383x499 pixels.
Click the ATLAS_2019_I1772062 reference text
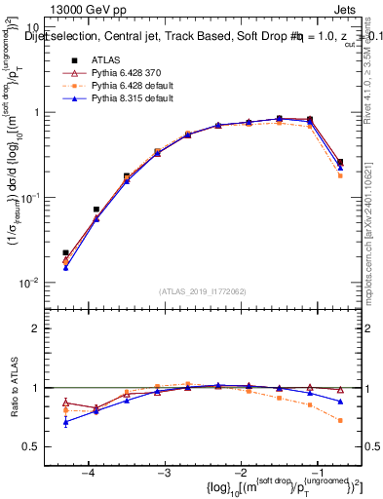click(201, 290)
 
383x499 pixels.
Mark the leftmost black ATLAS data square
click(65, 253)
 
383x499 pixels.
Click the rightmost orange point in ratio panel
click(340, 420)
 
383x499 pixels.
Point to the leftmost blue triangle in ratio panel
click(65, 422)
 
